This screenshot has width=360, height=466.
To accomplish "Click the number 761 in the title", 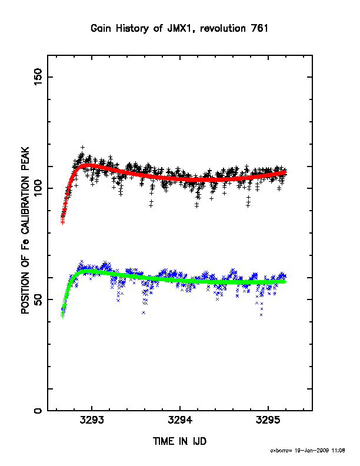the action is tap(259, 28).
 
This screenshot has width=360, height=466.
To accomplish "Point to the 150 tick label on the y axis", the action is tap(38, 76).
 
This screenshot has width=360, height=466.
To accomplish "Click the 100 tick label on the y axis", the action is tap(38, 188).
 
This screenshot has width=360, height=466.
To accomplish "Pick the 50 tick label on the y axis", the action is tap(38, 299).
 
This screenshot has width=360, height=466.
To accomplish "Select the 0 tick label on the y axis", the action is tap(38, 411).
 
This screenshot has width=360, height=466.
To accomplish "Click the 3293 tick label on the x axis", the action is tap(92, 420).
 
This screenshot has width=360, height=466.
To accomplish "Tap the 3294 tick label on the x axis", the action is tap(180, 420).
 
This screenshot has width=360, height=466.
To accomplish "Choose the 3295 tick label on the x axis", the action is tap(268, 420).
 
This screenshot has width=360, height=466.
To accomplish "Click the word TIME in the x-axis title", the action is tap(163, 441).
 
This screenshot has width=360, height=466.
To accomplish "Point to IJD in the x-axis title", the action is tap(199, 441).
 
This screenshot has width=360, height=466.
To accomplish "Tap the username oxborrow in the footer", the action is tap(281, 451).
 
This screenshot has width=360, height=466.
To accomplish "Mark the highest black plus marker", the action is tap(82, 147).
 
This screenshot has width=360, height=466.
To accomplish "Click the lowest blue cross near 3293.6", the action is tap(144, 312).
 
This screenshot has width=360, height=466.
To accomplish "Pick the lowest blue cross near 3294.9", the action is tap(261, 315).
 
